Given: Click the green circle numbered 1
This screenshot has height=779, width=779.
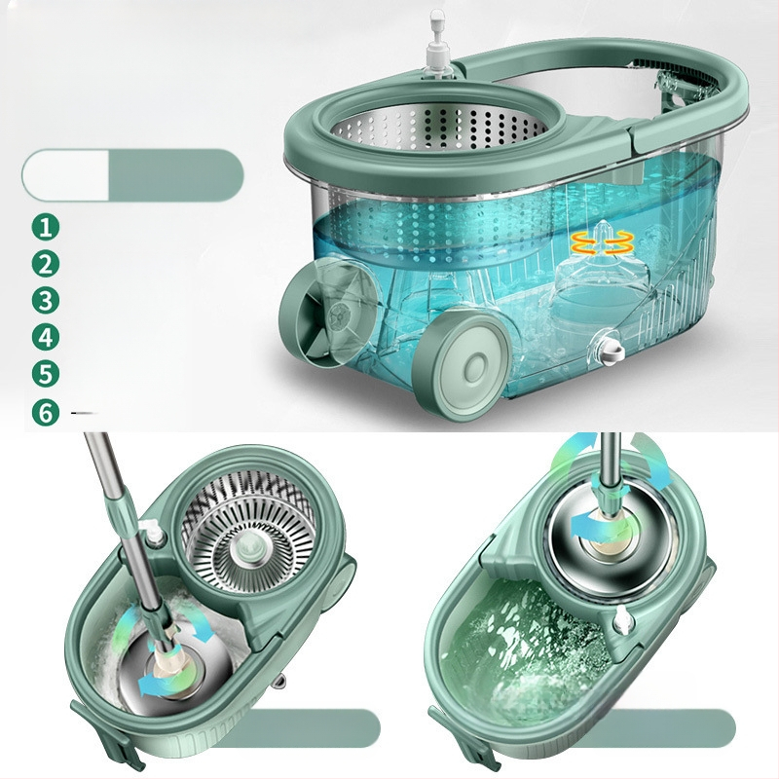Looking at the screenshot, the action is click(46, 227).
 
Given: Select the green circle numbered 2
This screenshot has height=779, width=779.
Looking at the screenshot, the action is click(46, 264).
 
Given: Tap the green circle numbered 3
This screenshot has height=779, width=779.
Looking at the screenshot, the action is click(46, 301).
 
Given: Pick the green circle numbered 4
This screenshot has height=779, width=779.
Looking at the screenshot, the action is click(46, 337).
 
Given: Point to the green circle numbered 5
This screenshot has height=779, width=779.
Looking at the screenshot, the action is click(46, 374).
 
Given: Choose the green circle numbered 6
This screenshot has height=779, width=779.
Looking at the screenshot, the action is click(46, 412).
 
